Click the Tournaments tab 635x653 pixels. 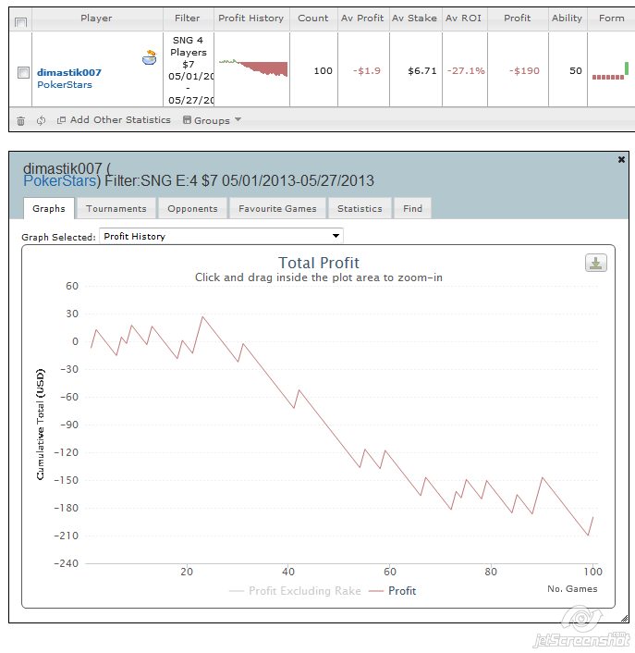[116, 209]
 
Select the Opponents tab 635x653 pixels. [192, 209]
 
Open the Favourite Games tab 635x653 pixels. [277, 209]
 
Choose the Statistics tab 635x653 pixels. [360, 209]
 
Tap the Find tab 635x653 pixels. [412, 209]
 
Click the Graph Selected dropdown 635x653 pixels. [221, 236]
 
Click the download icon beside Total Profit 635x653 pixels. [596, 263]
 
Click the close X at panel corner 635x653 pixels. [622, 160]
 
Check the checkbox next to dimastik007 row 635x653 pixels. [23, 72]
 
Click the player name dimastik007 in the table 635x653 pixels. [69, 72]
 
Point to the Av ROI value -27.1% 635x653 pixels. [465, 71]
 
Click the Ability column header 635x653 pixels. [567, 18]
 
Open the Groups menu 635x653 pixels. [212, 120]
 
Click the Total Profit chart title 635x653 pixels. [319, 263]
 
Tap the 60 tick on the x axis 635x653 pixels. [390, 572]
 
